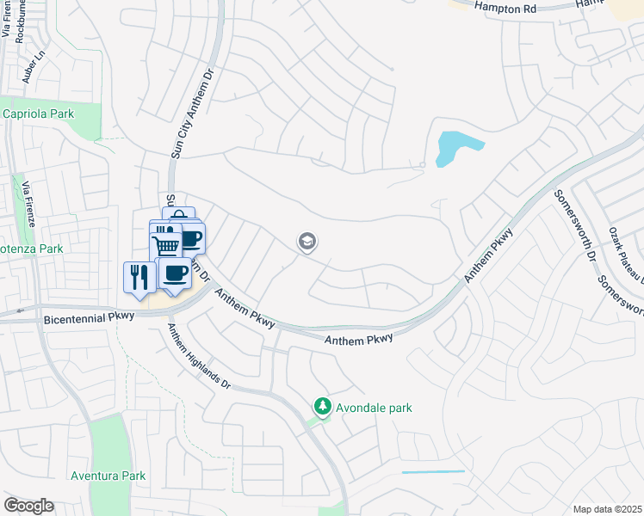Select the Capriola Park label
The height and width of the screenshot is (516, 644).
click(x=39, y=114)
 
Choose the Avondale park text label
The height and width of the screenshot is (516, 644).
click(x=375, y=408)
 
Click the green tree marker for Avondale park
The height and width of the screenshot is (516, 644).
click(x=322, y=405)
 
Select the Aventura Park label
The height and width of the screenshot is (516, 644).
click(x=108, y=476)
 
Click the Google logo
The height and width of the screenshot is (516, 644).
click(x=28, y=506)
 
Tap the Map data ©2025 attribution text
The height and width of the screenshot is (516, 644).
click(x=606, y=509)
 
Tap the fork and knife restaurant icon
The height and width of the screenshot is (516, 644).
click(x=139, y=276)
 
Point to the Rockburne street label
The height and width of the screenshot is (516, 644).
click(x=20, y=21)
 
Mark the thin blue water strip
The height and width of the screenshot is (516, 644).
click(x=433, y=472)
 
